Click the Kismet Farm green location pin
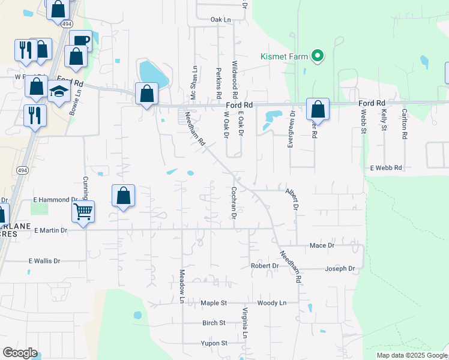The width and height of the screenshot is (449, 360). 318,57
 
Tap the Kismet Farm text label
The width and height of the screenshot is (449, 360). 284,57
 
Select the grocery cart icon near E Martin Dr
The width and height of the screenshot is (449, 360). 83,211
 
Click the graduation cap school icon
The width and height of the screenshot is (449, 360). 59,91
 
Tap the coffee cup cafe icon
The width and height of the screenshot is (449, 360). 80,41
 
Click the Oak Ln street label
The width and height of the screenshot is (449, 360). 220,20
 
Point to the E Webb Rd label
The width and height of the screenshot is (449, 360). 385,168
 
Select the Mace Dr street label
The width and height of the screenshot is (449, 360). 322,245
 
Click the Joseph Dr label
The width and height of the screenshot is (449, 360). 340,268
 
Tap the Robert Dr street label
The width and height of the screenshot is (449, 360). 265,266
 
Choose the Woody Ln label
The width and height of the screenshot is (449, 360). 271,304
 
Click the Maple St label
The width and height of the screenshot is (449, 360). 213,304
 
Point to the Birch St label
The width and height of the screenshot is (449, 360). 214,323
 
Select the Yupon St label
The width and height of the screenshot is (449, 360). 214,343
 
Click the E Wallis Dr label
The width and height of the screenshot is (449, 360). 44,261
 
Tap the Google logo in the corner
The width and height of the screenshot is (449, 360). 20,352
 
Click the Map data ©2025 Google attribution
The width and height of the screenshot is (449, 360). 412,355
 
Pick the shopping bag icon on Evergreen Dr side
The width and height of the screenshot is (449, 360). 318,110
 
